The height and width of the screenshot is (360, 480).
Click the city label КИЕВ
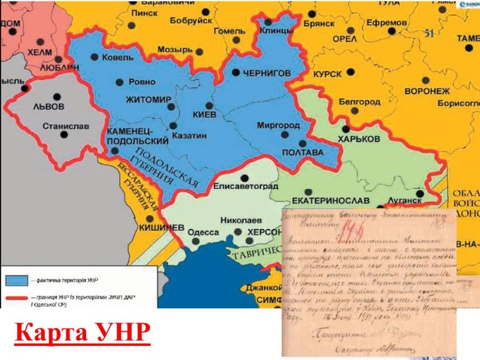pyautogui.click(x=204, y=115)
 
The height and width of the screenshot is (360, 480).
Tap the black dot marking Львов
pyautogui.click(x=57, y=96)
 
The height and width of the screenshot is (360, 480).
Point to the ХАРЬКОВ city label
pyautogui.click(x=376, y=139)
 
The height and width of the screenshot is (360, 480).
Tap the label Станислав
pyautogui.click(x=66, y=127)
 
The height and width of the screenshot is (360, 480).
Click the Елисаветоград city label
pyautogui.click(x=246, y=186)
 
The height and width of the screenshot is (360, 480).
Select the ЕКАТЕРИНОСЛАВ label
pyautogui.click(x=330, y=201)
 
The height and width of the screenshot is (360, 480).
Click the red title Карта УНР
pyautogui.click(x=82, y=332)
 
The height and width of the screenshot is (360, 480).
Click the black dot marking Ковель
pyautogui.click(x=94, y=57)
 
